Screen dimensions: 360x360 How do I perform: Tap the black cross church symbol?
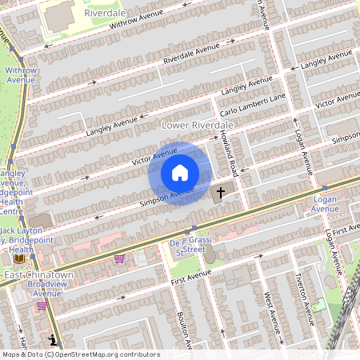point(221,192)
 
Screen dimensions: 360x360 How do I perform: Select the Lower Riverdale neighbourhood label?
point(197,126)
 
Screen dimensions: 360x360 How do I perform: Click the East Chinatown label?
point(38,275)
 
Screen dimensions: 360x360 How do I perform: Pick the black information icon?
point(52,339)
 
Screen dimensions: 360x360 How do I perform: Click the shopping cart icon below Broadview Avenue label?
point(42,306)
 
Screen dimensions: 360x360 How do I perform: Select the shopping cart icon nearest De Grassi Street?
point(120,258)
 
